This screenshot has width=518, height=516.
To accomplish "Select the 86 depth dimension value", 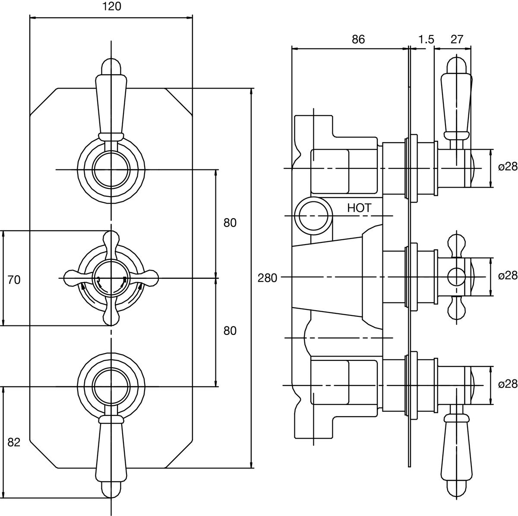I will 358,39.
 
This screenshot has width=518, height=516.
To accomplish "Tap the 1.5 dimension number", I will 426,39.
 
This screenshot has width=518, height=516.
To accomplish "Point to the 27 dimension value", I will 457,39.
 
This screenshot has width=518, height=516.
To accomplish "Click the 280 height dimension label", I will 267,278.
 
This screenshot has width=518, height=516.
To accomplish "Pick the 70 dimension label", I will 14,280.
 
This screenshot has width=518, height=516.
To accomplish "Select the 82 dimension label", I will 14,442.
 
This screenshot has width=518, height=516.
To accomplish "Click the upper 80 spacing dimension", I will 230,223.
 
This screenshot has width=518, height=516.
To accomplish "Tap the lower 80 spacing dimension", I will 230,331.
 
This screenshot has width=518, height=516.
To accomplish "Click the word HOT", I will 359,208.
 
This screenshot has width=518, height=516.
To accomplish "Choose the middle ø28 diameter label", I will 507,276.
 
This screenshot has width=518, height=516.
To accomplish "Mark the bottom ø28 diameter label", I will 507,384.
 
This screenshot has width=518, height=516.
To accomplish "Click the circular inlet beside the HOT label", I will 313,215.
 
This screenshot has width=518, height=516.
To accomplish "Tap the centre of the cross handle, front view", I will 111,278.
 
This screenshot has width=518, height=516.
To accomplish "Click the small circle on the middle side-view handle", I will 455,276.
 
